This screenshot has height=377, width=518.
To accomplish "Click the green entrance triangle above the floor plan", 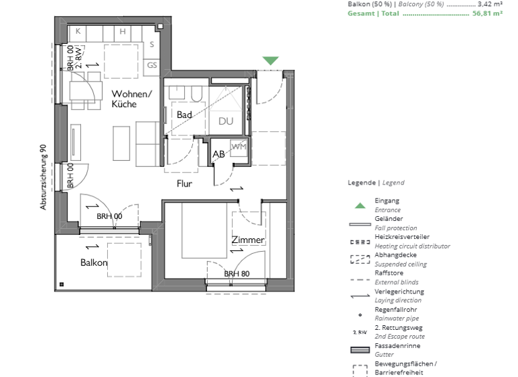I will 270,61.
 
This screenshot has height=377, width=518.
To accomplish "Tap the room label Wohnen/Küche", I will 132,99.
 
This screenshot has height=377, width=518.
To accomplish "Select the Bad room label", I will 185,115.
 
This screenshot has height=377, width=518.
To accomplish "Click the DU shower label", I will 225,121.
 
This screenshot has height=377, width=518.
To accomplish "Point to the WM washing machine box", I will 239,146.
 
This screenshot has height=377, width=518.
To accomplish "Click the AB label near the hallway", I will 219,154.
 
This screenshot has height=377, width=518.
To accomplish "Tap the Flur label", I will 185,183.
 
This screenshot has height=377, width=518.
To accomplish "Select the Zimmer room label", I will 248,240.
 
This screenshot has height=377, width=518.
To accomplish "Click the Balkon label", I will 94,263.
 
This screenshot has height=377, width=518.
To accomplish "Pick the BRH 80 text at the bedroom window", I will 237,274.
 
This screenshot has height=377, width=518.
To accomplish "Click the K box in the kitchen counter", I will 78,32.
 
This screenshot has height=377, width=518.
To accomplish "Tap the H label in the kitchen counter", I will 123,32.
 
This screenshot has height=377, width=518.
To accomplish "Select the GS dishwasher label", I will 152,65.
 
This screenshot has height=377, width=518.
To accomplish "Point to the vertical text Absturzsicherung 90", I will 43,177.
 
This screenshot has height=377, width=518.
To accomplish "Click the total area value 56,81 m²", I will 488,13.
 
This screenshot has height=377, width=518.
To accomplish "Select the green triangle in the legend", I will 360,205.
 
